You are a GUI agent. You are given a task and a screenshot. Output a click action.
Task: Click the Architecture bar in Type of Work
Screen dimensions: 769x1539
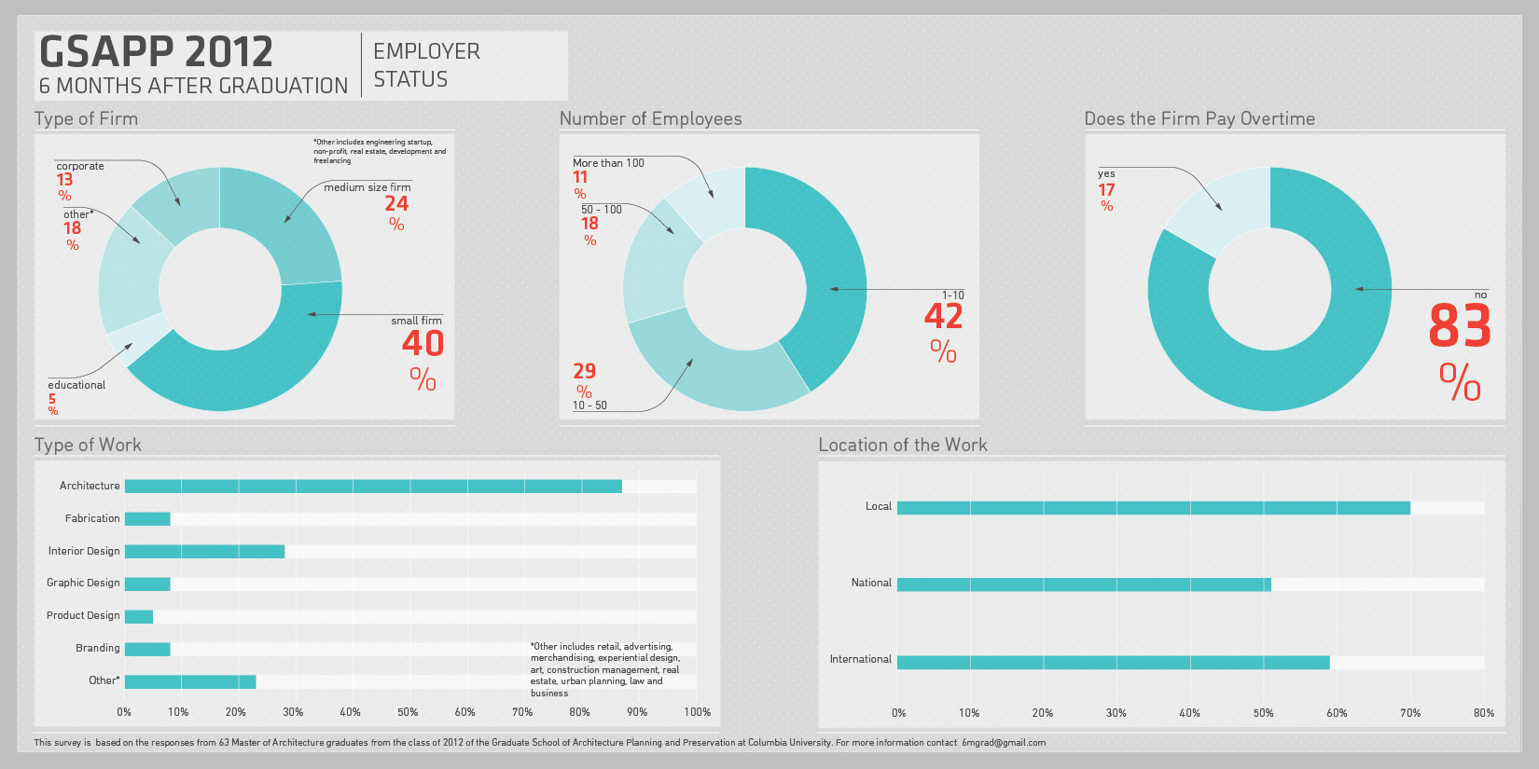tap(373, 486)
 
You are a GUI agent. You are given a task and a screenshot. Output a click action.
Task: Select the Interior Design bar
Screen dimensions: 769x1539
tap(204, 551)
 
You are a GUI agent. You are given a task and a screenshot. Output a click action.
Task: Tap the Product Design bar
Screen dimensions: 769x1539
tap(138, 616)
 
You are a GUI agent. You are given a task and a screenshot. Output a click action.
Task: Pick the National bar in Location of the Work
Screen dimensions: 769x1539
tap(1083, 584)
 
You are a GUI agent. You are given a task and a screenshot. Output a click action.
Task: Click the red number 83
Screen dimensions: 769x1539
tap(1460, 326)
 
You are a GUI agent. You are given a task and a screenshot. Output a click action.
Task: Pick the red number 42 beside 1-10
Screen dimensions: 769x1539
tap(943, 316)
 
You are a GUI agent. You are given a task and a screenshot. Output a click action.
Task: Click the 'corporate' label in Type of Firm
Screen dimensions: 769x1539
tap(80, 166)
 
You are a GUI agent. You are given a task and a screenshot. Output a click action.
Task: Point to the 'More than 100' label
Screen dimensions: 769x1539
tap(608, 163)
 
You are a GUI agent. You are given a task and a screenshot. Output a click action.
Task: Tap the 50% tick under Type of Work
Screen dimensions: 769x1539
tap(408, 711)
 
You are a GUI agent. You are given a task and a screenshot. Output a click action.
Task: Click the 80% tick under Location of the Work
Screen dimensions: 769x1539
tap(1483, 712)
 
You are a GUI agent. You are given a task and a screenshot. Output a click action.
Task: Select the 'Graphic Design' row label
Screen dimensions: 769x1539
tap(83, 583)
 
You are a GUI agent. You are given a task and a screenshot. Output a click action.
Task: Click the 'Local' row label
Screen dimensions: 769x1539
tap(878, 506)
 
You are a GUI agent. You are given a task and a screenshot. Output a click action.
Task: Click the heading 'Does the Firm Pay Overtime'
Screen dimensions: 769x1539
tap(1199, 119)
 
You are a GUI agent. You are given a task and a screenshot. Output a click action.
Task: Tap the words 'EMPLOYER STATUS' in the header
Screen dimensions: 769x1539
tap(426, 65)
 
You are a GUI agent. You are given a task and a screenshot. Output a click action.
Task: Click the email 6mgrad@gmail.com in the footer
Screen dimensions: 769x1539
tap(1004, 743)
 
